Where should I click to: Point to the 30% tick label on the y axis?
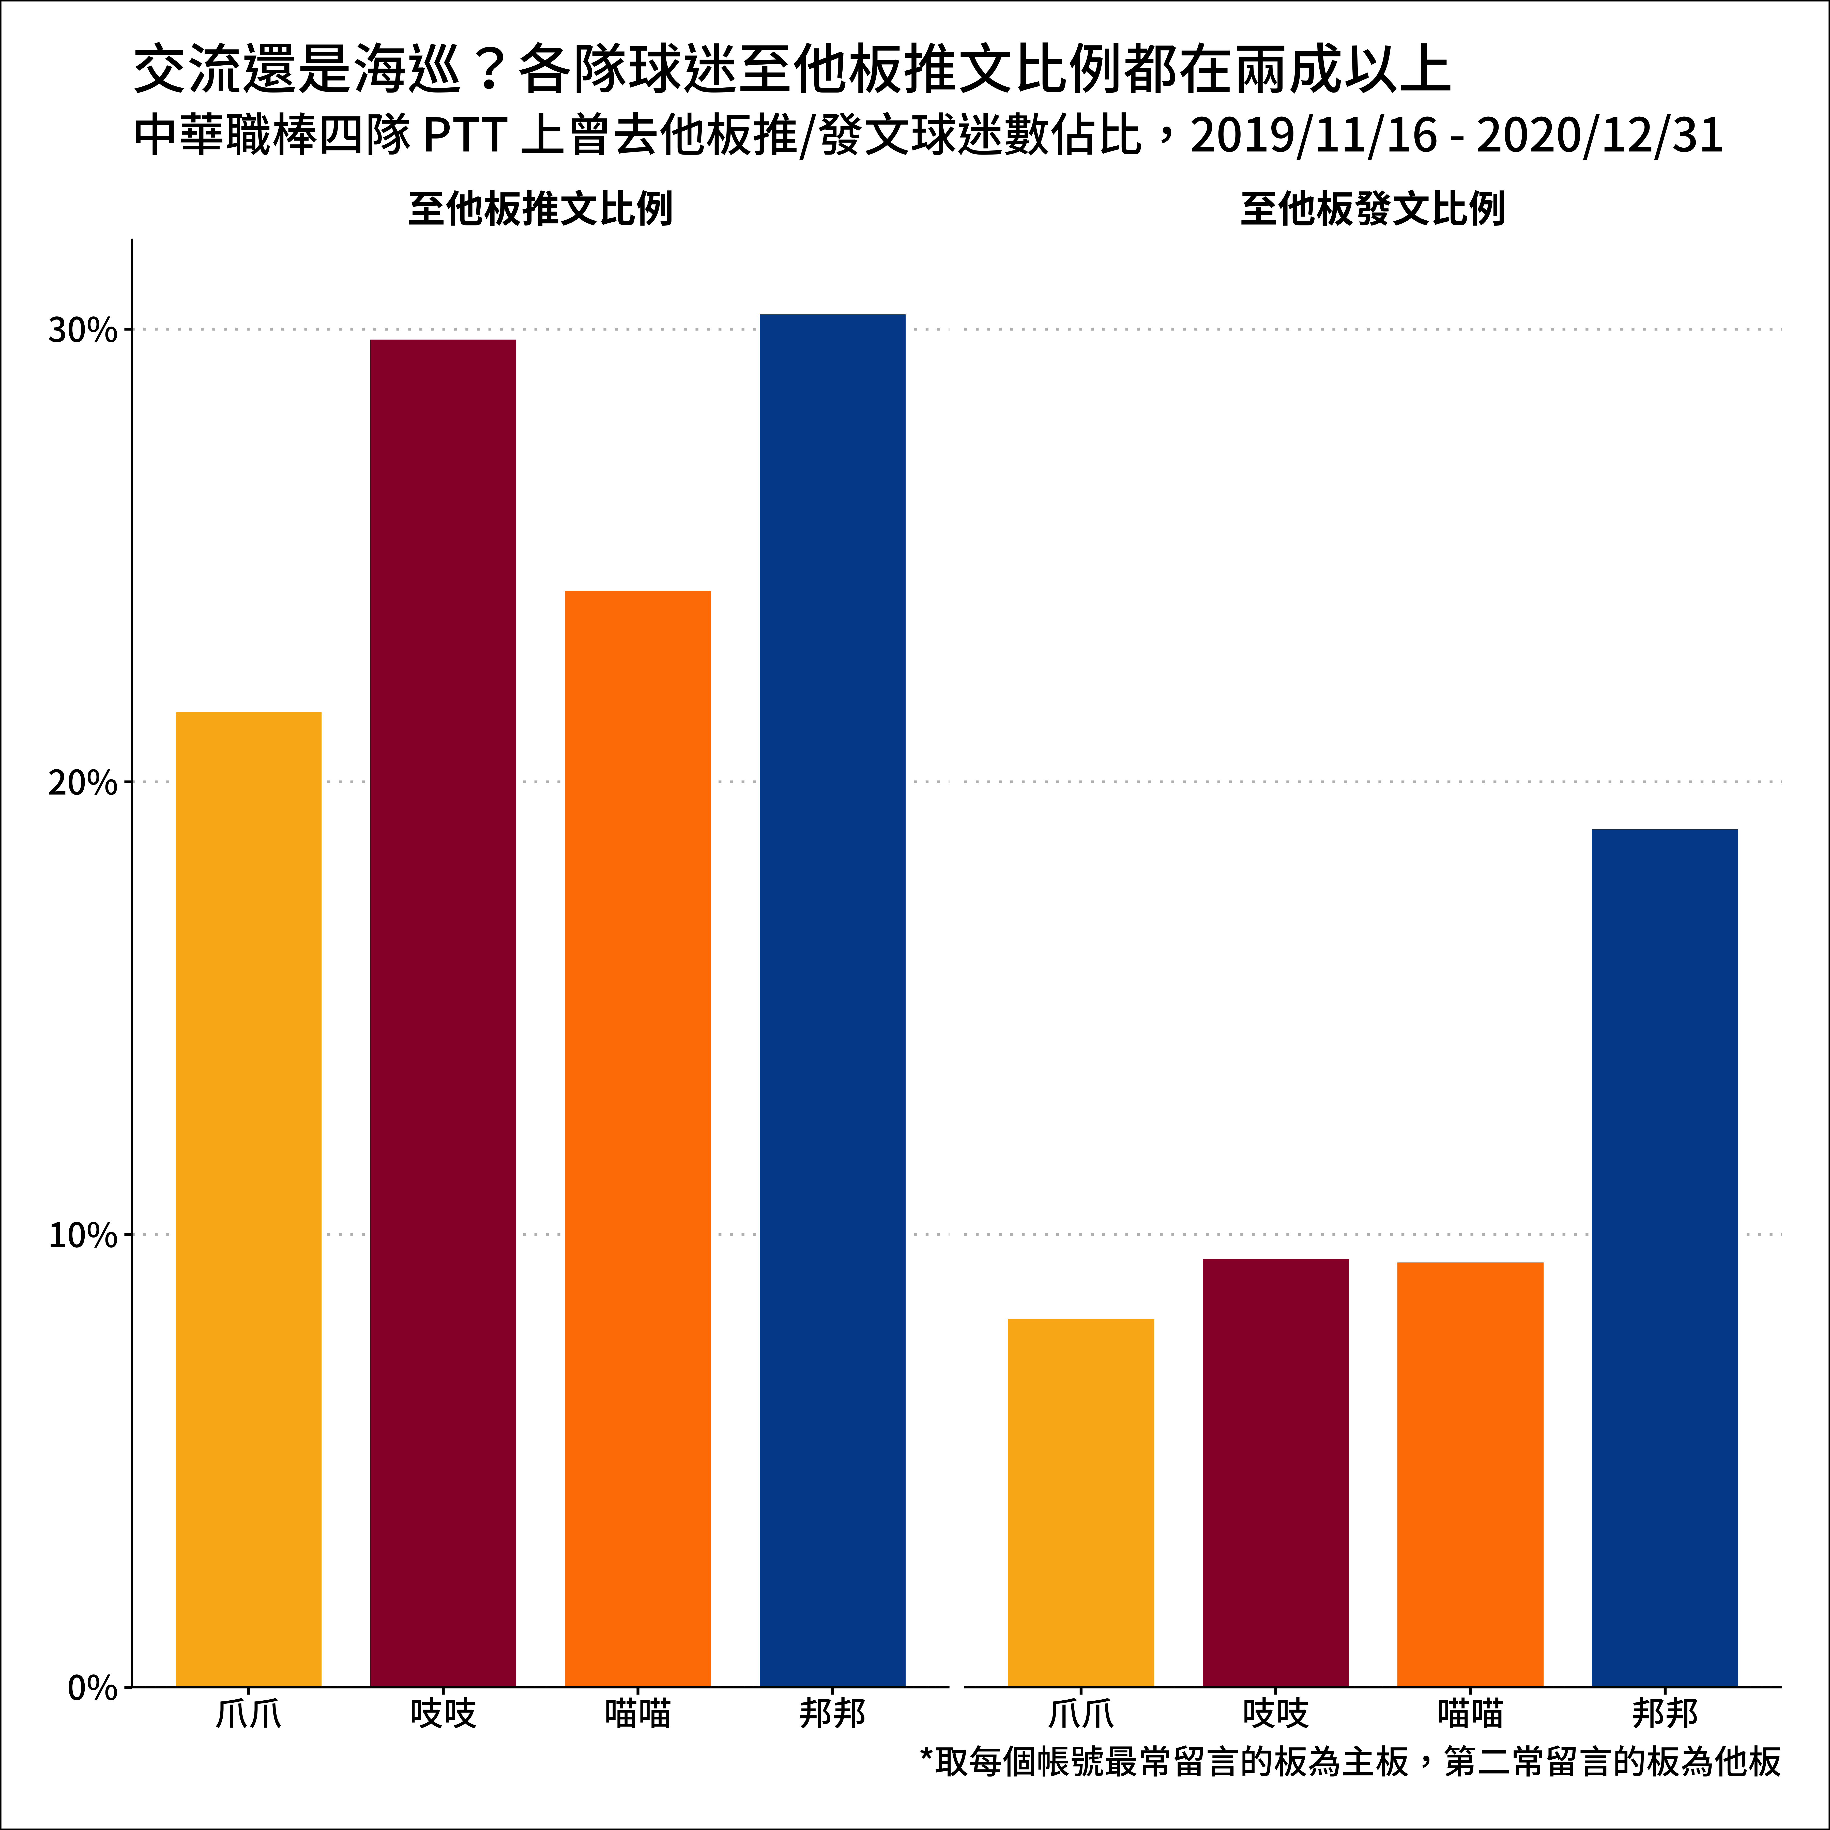point(82,331)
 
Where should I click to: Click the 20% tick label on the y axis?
point(82,783)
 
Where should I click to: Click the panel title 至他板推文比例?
point(540,208)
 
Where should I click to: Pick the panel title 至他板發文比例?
point(1372,208)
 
